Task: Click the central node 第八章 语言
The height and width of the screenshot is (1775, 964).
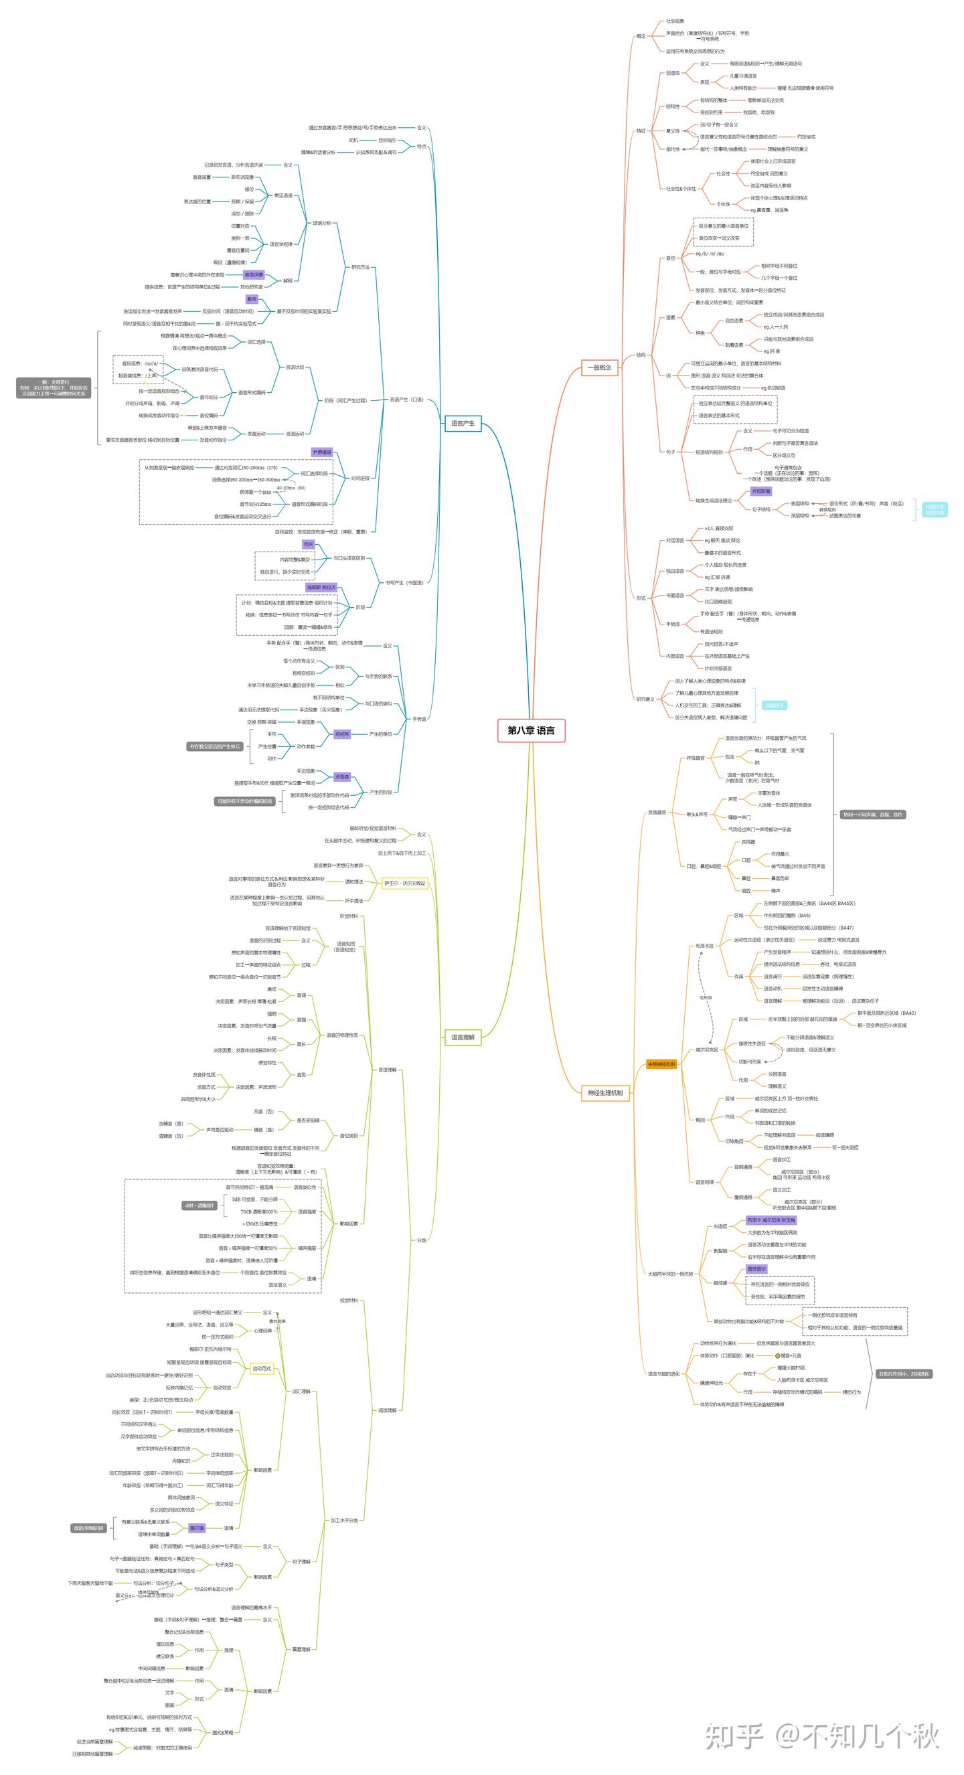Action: (x=531, y=730)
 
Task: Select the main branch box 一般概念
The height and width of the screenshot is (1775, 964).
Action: (x=598, y=367)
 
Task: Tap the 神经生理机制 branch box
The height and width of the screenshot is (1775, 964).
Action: (x=605, y=1093)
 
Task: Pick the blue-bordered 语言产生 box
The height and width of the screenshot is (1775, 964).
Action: (x=463, y=423)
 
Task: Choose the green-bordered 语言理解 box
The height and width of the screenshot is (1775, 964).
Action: (x=463, y=1037)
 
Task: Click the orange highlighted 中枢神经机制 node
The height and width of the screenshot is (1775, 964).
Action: (x=661, y=1065)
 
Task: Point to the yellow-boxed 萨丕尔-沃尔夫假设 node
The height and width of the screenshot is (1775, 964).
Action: (x=405, y=883)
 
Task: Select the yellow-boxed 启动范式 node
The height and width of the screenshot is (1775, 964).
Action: (x=262, y=1369)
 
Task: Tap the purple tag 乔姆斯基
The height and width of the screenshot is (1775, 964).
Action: (x=760, y=491)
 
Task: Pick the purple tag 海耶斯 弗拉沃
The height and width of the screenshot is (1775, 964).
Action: (x=321, y=588)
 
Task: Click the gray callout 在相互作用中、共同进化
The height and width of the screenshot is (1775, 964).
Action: (x=903, y=1374)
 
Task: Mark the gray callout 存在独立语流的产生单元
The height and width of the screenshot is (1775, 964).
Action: (x=215, y=746)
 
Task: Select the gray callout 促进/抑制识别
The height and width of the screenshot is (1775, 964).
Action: (x=89, y=1528)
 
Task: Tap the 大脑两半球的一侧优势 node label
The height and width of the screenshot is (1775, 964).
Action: (x=669, y=1274)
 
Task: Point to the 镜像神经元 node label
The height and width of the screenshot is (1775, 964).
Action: (x=711, y=1383)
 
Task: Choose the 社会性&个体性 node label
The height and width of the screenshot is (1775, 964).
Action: (x=681, y=189)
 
